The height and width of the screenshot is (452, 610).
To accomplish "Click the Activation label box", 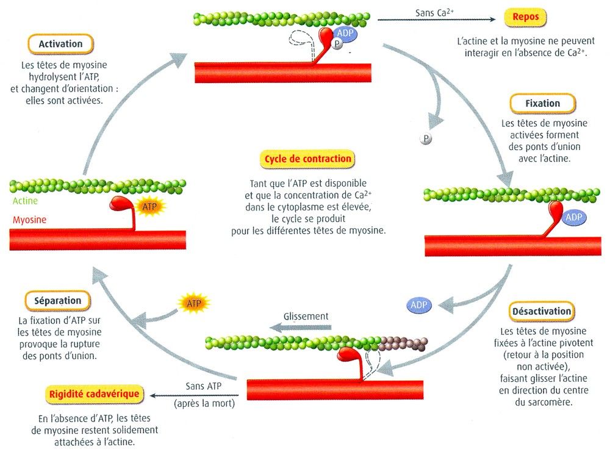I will pos(60,44).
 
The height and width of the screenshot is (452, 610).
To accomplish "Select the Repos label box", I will pos(525,18).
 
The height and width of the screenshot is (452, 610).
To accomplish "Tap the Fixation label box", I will pos(542,103).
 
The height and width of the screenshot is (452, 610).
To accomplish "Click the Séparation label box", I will pos(58,300).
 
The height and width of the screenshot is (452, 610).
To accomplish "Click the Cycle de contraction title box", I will pos(307,159).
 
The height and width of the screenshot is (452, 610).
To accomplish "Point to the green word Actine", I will pos(24,201).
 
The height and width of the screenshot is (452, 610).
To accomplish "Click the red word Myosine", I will pos(28,220).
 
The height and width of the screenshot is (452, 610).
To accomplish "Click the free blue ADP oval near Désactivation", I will pos(418,304).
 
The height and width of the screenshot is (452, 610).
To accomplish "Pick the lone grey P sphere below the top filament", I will pos(426,139).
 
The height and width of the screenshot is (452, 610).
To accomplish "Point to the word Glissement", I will pos(306,317).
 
